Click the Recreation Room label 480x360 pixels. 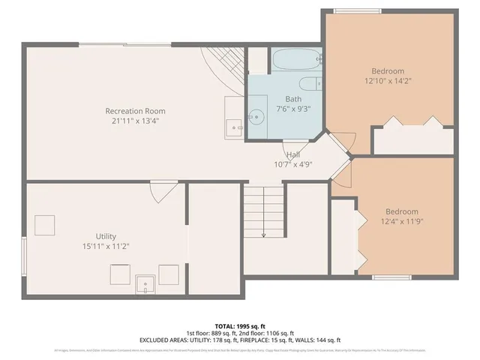click(135, 111)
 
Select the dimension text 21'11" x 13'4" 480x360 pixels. click(135, 121)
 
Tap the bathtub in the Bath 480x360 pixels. click(296, 59)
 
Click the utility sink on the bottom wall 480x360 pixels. click(145, 283)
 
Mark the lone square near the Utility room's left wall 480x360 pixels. click(45, 224)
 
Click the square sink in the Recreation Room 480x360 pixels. click(234, 128)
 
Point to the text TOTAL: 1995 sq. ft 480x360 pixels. click(240, 326)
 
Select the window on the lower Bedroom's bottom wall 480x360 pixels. click(392, 277)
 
